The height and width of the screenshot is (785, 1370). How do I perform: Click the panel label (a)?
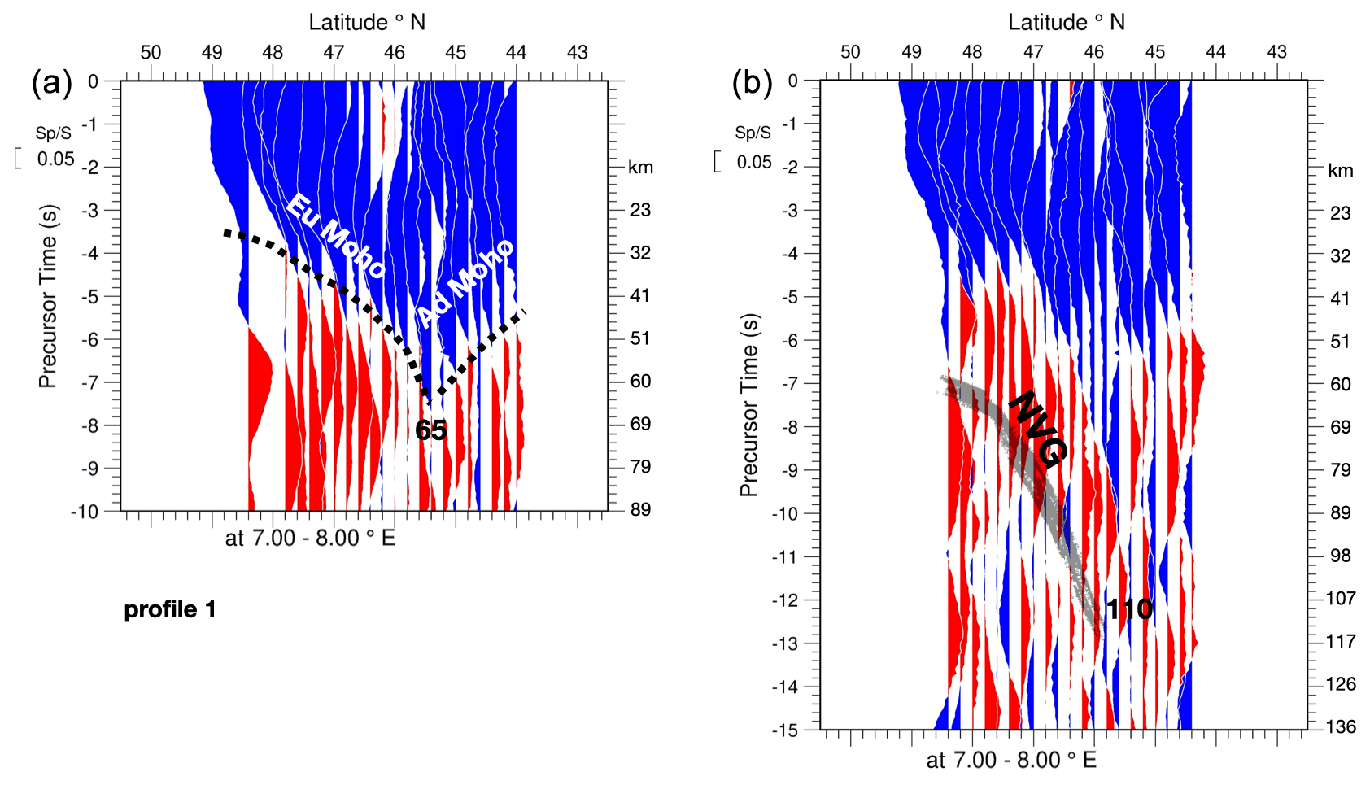(x=51, y=83)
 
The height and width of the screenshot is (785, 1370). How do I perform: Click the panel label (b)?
(x=752, y=83)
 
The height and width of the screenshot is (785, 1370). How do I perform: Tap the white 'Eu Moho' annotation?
(x=336, y=237)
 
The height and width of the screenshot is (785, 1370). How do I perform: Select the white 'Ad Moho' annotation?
(x=465, y=282)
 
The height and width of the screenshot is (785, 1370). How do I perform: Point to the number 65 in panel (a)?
(x=430, y=430)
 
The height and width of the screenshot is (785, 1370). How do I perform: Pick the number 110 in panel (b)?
(x=1129, y=609)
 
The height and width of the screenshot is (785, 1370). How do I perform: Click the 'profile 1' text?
(x=170, y=609)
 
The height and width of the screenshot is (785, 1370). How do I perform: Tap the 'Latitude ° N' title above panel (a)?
(x=367, y=22)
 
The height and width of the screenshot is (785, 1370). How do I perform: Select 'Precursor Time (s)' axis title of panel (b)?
(x=748, y=404)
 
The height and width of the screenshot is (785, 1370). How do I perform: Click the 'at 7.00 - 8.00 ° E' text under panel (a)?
(x=310, y=539)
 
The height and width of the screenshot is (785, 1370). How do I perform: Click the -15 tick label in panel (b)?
(x=785, y=730)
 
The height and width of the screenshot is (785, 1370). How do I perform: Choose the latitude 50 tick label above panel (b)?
(x=850, y=52)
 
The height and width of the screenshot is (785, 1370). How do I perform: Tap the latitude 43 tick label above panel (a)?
(x=577, y=52)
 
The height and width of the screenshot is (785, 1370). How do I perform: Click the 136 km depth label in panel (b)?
(x=1340, y=726)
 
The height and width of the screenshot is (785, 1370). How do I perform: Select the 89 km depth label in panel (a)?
(x=640, y=510)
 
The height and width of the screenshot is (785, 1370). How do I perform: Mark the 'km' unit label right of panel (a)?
(x=640, y=168)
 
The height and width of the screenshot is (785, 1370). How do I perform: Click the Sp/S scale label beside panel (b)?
(x=753, y=133)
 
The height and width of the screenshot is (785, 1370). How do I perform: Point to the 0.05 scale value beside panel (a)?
(x=55, y=159)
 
